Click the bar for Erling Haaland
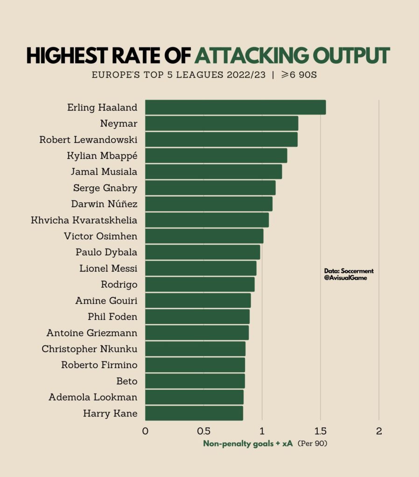(x=235, y=107)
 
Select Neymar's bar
(x=221, y=123)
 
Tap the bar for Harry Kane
(x=194, y=413)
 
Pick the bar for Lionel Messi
(x=201, y=268)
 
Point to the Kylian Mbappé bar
(x=216, y=156)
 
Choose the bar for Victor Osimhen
(x=204, y=236)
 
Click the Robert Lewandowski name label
(x=88, y=140)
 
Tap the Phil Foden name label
(x=112, y=317)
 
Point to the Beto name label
(x=127, y=381)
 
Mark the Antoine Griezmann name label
(x=92, y=333)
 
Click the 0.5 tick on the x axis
(x=203, y=431)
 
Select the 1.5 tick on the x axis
(x=320, y=431)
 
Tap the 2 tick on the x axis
(x=379, y=431)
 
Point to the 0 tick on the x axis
(x=145, y=431)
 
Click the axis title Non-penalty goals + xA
(x=248, y=444)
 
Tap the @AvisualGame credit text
(x=345, y=278)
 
